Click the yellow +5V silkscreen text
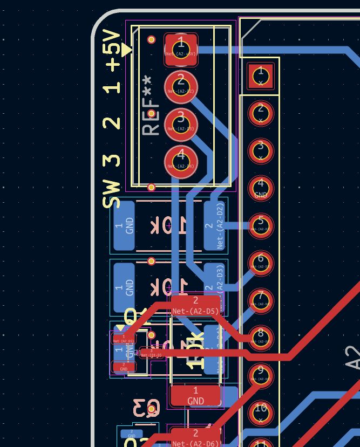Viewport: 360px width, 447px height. (x=112, y=51)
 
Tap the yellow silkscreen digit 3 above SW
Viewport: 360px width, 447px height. (x=112, y=160)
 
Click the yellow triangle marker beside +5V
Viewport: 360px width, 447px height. (x=126, y=50)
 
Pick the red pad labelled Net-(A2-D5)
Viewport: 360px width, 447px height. (x=195, y=305)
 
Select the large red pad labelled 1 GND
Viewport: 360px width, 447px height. (x=195, y=396)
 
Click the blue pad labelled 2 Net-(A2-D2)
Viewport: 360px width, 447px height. (x=215, y=226)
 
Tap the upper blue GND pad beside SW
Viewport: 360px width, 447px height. (x=124, y=226)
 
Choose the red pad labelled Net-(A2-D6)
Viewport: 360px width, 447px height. (x=195, y=437)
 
